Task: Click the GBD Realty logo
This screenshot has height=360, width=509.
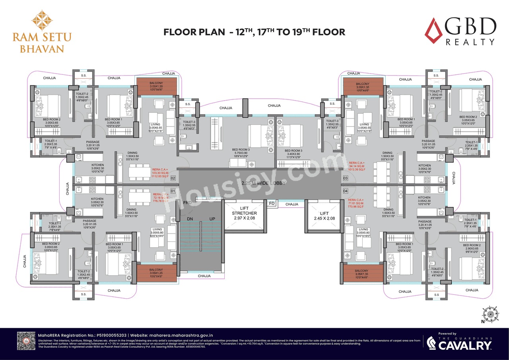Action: click(460, 32)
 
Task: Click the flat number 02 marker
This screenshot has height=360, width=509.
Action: click(173, 179)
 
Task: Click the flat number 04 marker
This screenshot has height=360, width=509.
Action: click(345, 191)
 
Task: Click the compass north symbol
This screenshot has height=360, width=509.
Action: click(490, 314)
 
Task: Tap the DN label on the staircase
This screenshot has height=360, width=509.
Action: click(190, 219)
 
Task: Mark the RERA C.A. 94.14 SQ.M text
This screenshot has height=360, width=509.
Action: click(357, 166)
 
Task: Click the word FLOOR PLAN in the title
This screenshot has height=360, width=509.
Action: click(194, 32)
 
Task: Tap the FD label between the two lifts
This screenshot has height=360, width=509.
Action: click(272, 204)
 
